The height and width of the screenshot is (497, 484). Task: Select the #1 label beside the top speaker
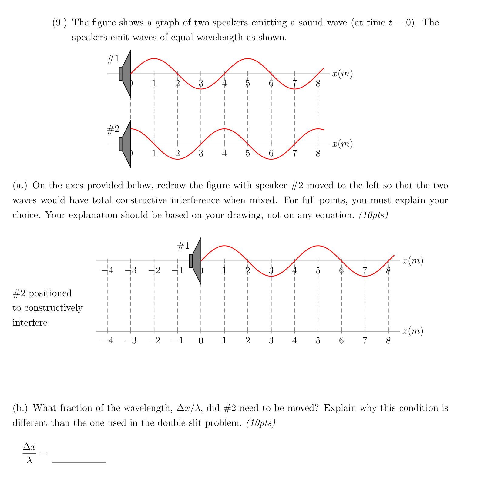click(x=113, y=59)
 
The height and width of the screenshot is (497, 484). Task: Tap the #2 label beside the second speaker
click(x=113, y=130)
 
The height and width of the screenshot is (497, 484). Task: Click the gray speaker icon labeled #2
click(x=126, y=144)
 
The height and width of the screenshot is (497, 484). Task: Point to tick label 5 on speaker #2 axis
click(x=248, y=154)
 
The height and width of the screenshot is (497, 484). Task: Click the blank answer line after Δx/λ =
click(x=79, y=462)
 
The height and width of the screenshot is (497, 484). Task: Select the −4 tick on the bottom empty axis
click(x=107, y=341)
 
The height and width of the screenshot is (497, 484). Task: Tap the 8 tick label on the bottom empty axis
click(x=388, y=341)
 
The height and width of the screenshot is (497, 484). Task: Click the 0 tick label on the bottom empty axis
click(x=201, y=341)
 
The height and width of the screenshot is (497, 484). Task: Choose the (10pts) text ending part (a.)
click(x=373, y=215)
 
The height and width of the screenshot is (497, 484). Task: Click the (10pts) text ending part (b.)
click(x=261, y=423)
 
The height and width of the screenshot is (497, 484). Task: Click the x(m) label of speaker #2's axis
click(x=342, y=144)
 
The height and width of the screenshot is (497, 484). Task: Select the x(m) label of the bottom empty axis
click(x=413, y=331)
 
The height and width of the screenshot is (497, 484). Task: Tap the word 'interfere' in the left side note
click(x=30, y=323)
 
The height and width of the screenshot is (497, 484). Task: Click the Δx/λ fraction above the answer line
click(x=29, y=454)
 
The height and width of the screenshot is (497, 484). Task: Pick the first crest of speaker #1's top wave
click(x=154, y=58)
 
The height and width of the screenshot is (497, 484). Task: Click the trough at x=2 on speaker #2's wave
click(x=178, y=159)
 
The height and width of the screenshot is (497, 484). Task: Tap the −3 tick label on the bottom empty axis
click(x=131, y=341)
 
